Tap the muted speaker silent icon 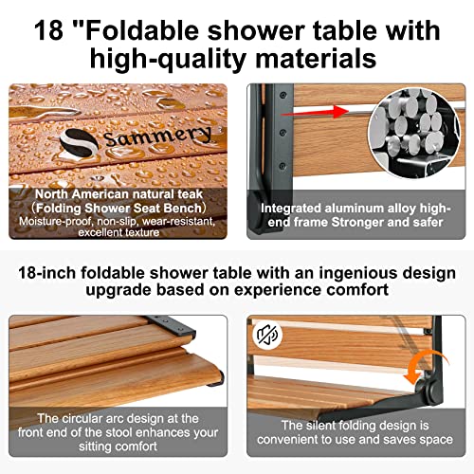click(265, 335)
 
